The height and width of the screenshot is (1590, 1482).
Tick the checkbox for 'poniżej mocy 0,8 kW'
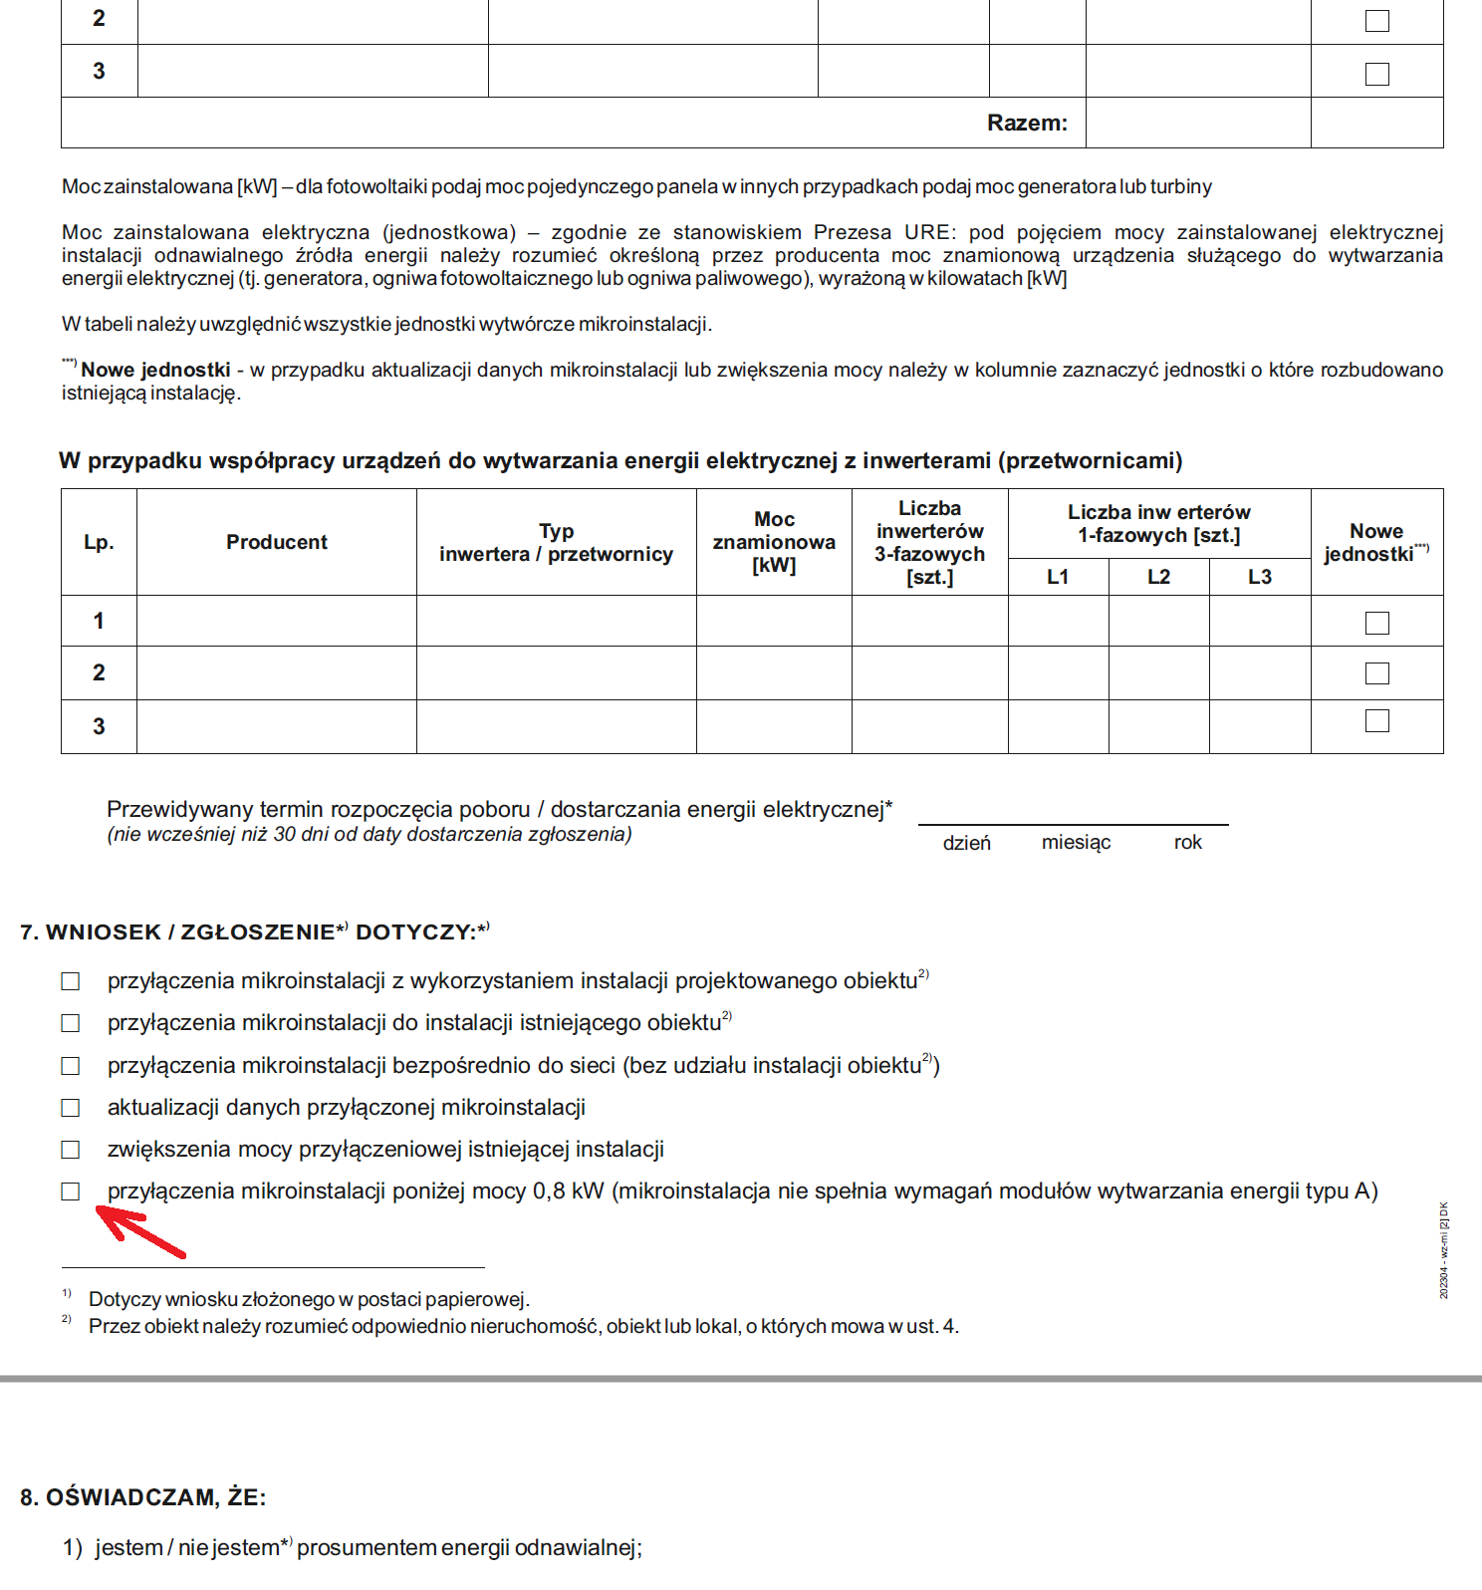pos(71,1192)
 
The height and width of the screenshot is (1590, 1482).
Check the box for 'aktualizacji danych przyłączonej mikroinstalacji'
pos(71,1108)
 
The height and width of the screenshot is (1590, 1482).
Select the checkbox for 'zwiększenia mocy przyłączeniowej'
pos(71,1150)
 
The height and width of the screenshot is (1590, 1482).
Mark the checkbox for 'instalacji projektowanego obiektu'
pos(71,981)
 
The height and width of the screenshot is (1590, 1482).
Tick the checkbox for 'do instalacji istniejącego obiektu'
pos(71,1023)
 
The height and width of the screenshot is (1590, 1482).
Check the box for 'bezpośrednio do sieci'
pos(71,1066)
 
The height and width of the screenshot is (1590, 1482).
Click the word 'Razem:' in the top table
pos(1027,123)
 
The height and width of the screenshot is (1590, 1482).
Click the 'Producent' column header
pos(276,542)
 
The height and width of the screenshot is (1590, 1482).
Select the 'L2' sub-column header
pos(1158,577)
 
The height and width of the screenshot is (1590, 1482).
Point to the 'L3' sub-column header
pos(1260,577)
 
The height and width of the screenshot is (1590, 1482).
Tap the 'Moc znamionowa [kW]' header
pos(774,542)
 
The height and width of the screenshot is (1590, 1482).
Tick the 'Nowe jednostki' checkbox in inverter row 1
pos(1377,623)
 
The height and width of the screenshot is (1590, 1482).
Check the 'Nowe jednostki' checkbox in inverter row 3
pos(1377,721)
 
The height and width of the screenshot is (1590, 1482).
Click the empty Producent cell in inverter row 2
pos(276,673)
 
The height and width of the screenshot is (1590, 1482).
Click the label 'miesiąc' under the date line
pos(1076,843)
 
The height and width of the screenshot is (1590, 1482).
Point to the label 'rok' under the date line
pos(1188,843)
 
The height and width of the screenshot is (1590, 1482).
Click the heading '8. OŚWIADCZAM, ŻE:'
pos(143,1497)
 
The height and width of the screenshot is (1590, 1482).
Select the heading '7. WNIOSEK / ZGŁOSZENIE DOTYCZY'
pos(254,932)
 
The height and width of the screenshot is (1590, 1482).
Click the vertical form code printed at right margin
pos(1444,1250)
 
